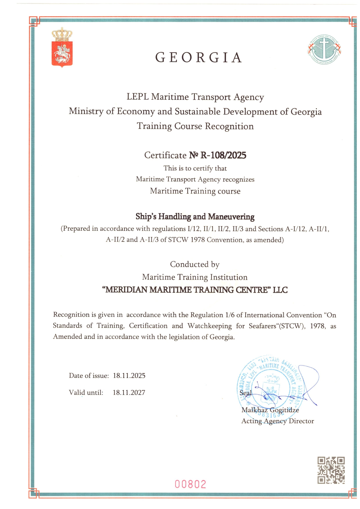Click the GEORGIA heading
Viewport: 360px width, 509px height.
click(199, 57)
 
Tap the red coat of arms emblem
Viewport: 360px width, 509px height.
click(62, 48)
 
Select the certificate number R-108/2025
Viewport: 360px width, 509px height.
click(223, 155)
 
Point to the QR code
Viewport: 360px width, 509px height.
click(331, 470)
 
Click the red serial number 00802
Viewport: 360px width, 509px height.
click(190, 484)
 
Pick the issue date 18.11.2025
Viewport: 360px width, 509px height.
click(129, 376)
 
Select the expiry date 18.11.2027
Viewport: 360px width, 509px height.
click(129, 392)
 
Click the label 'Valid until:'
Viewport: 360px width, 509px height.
click(86, 392)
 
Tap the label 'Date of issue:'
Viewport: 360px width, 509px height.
click(89, 376)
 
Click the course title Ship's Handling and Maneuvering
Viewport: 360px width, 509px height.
click(195, 216)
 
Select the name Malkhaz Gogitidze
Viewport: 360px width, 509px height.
click(270, 410)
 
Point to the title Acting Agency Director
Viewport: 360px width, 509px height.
click(278, 421)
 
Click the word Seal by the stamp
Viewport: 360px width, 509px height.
click(245, 393)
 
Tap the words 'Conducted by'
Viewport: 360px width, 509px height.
click(195, 264)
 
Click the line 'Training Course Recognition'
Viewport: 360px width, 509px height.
click(195, 126)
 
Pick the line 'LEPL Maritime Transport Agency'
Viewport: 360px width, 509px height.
click(195, 97)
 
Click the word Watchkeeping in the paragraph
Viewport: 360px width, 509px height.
click(209, 326)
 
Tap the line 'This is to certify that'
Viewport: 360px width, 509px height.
click(195, 168)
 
